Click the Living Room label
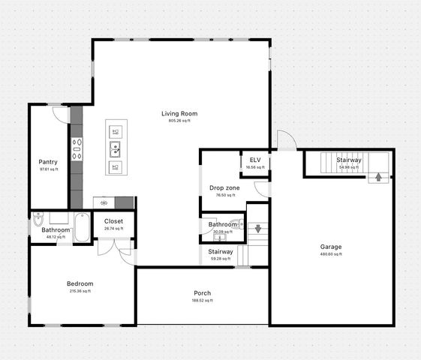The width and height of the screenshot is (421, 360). [179, 113]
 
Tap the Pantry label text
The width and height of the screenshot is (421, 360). [49, 161]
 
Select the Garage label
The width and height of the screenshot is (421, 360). [331, 247]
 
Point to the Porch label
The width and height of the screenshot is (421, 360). [202, 293]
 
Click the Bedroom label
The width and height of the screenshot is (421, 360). [80, 283]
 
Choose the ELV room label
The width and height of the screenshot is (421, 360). [255, 160]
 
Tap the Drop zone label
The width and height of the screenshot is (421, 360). [224, 187]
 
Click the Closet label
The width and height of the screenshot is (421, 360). [114, 221]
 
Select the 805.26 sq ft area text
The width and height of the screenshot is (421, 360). [179, 121]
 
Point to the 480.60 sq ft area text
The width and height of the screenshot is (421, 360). [331, 254]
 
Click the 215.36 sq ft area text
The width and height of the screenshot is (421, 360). [80, 291]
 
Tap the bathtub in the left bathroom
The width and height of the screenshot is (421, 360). [82, 228]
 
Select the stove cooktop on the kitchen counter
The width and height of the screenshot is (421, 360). [76, 148]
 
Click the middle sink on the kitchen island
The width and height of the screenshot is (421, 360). [116, 149]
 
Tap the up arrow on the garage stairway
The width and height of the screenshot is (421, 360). [378, 178]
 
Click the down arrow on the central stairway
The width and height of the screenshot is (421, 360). [257, 229]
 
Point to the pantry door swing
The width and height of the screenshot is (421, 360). [60, 115]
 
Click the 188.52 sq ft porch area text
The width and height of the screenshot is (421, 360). [202, 301]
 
